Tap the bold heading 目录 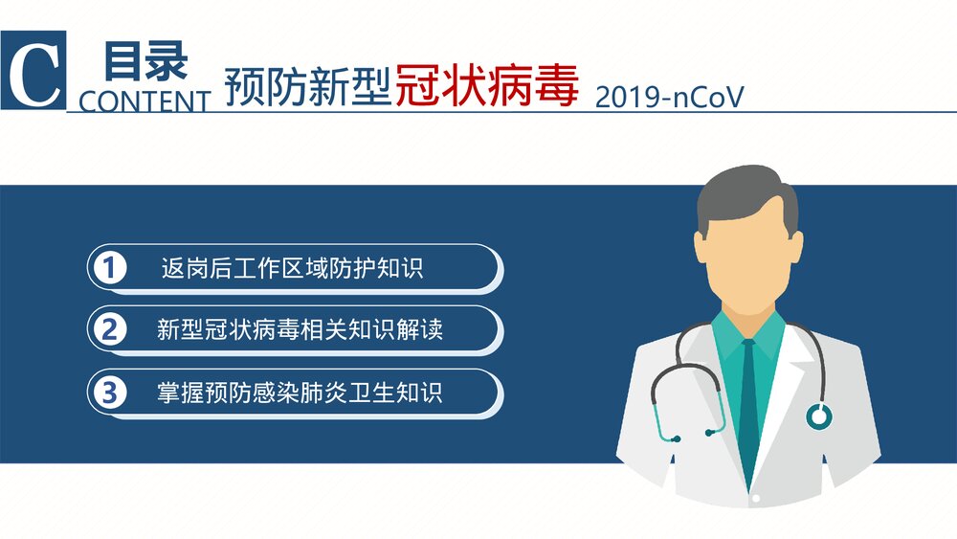(145, 61)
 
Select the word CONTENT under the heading (145, 101)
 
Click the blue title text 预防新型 (308, 87)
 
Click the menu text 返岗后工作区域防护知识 (292, 268)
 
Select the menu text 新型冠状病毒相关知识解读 (300, 330)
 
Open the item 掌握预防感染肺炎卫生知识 (300, 393)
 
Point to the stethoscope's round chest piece (818, 415)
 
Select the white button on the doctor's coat (756, 499)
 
